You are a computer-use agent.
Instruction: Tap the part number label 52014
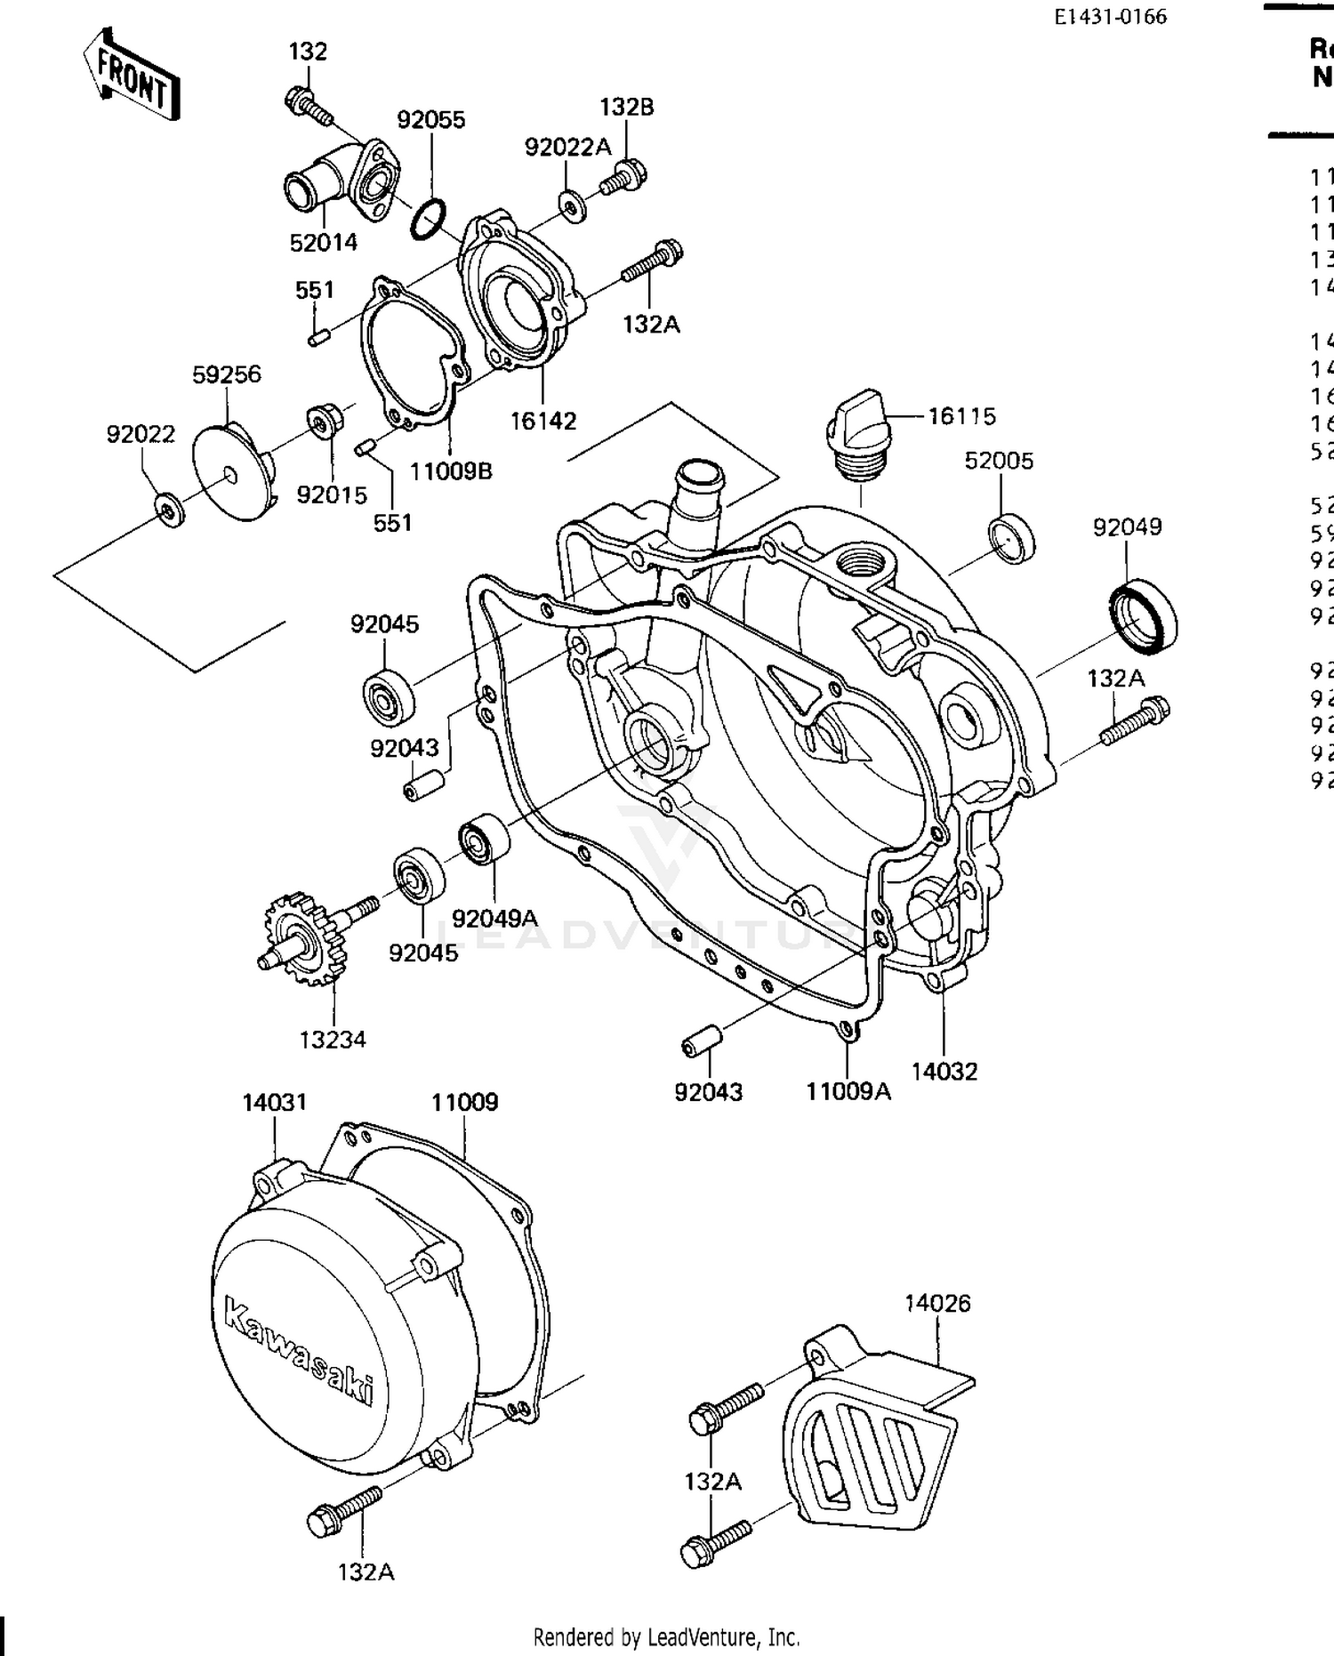(x=324, y=242)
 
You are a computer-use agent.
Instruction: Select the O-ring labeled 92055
(x=429, y=220)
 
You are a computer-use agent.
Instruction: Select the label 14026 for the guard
(x=937, y=1304)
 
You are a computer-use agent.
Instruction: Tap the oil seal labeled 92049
(x=1143, y=615)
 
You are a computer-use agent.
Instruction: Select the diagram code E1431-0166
(x=1111, y=17)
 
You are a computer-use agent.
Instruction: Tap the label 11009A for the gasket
(x=848, y=1091)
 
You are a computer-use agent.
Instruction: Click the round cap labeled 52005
(x=1011, y=537)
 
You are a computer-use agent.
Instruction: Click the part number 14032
(x=944, y=1072)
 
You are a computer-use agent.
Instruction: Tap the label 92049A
(x=494, y=918)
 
